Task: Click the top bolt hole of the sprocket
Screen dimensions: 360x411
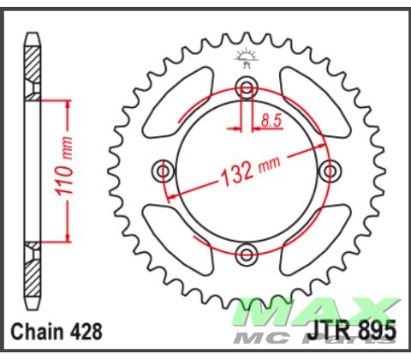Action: click(x=247, y=88)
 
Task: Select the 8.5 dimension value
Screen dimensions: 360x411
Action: click(x=271, y=120)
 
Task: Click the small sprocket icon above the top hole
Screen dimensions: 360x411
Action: click(x=247, y=57)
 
